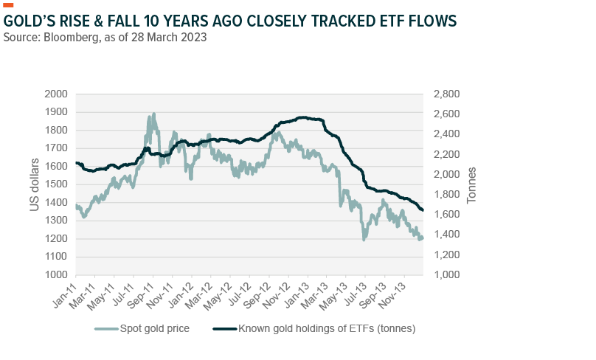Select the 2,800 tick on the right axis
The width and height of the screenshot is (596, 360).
(445, 94)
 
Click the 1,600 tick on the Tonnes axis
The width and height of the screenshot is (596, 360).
(445, 215)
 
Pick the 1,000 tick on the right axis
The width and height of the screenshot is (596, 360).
(445, 275)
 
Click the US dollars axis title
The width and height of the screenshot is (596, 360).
(34, 184)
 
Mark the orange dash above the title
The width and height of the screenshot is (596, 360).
(9, 5)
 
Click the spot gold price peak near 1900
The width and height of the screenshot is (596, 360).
(153, 114)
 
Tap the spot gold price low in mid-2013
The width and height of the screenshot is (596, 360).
(364, 239)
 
